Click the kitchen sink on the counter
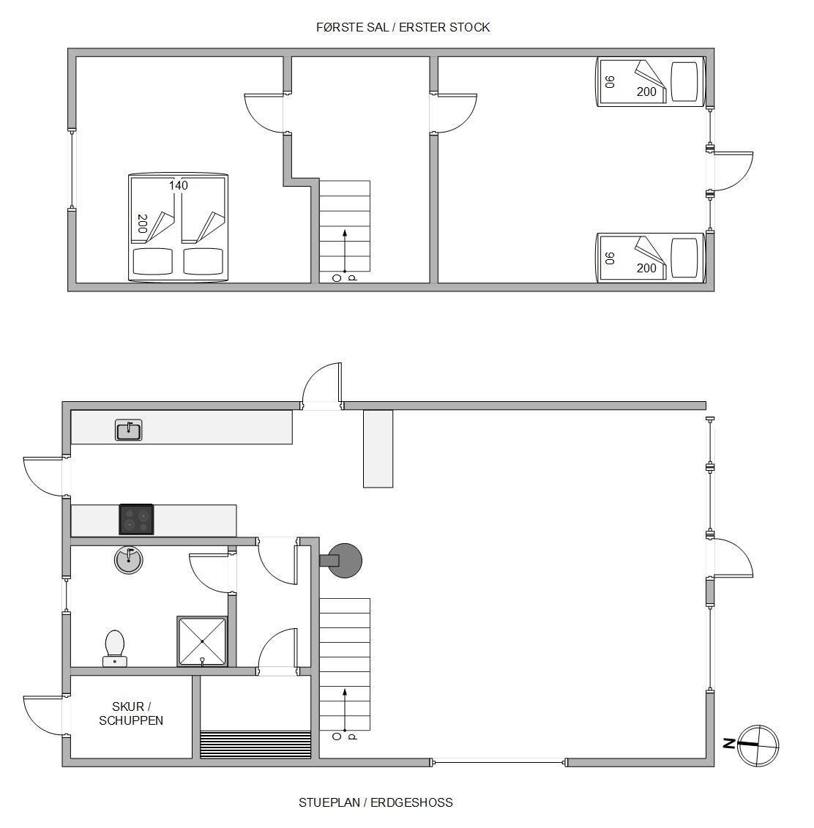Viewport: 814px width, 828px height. (128, 430)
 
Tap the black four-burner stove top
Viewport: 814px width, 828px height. (136, 520)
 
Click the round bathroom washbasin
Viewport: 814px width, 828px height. (129, 560)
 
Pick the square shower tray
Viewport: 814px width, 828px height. (202, 641)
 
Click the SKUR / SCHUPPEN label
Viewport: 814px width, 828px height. (131, 713)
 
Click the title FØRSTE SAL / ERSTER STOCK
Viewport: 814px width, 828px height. (403, 28)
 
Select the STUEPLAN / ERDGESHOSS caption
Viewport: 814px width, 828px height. (376, 802)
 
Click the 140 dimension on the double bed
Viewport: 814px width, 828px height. (179, 185)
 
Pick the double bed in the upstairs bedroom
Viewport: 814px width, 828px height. (179, 227)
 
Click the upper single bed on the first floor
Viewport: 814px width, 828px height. (650, 82)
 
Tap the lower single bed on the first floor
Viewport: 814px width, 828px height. (650, 258)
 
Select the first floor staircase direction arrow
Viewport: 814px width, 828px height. (345, 252)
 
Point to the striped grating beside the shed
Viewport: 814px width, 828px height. (255, 745)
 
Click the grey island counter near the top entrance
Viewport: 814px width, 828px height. (378, 449)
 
